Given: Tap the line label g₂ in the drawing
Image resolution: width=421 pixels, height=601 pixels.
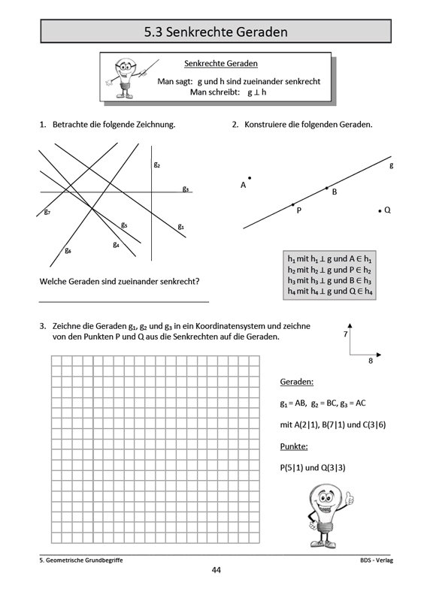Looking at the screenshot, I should pyautogui.click(x=157, y=164).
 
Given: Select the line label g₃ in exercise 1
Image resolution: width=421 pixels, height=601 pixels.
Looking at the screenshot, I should pyautogui.click(x=185, y=189).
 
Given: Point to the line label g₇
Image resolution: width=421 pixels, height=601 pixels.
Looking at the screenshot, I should pyautogui.click(x=47, y=213).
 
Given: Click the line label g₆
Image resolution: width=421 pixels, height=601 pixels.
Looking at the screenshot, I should pyautogui.click(x=68, y=250).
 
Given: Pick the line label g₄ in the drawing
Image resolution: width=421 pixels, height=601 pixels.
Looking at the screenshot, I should pyautogui.click(x=116, y=244).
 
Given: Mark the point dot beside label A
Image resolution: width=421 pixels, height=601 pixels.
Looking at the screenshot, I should pyautogui.click(x=250, y=178).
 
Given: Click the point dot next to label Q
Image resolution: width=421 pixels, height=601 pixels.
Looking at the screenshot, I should pyautogui.click(x=380, y=211).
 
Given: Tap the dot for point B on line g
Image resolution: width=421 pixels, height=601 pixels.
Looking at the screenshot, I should pyautogui.click(x=326, y=188).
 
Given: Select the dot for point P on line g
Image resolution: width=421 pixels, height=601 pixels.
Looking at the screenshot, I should pyautogui.click(x=293, y=204).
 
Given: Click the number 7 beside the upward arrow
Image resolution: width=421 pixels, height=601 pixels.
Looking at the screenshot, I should pyautogui.click(x=345, y=333).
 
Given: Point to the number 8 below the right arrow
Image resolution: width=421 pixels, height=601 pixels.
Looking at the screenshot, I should pyautogui.click(x=370, y=361).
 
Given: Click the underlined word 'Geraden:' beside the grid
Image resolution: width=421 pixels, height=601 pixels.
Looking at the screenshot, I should pyautogui.click(x=296, y=382).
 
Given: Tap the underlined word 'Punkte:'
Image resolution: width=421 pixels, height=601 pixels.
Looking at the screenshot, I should pyautogui.click(x=294, y=447).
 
